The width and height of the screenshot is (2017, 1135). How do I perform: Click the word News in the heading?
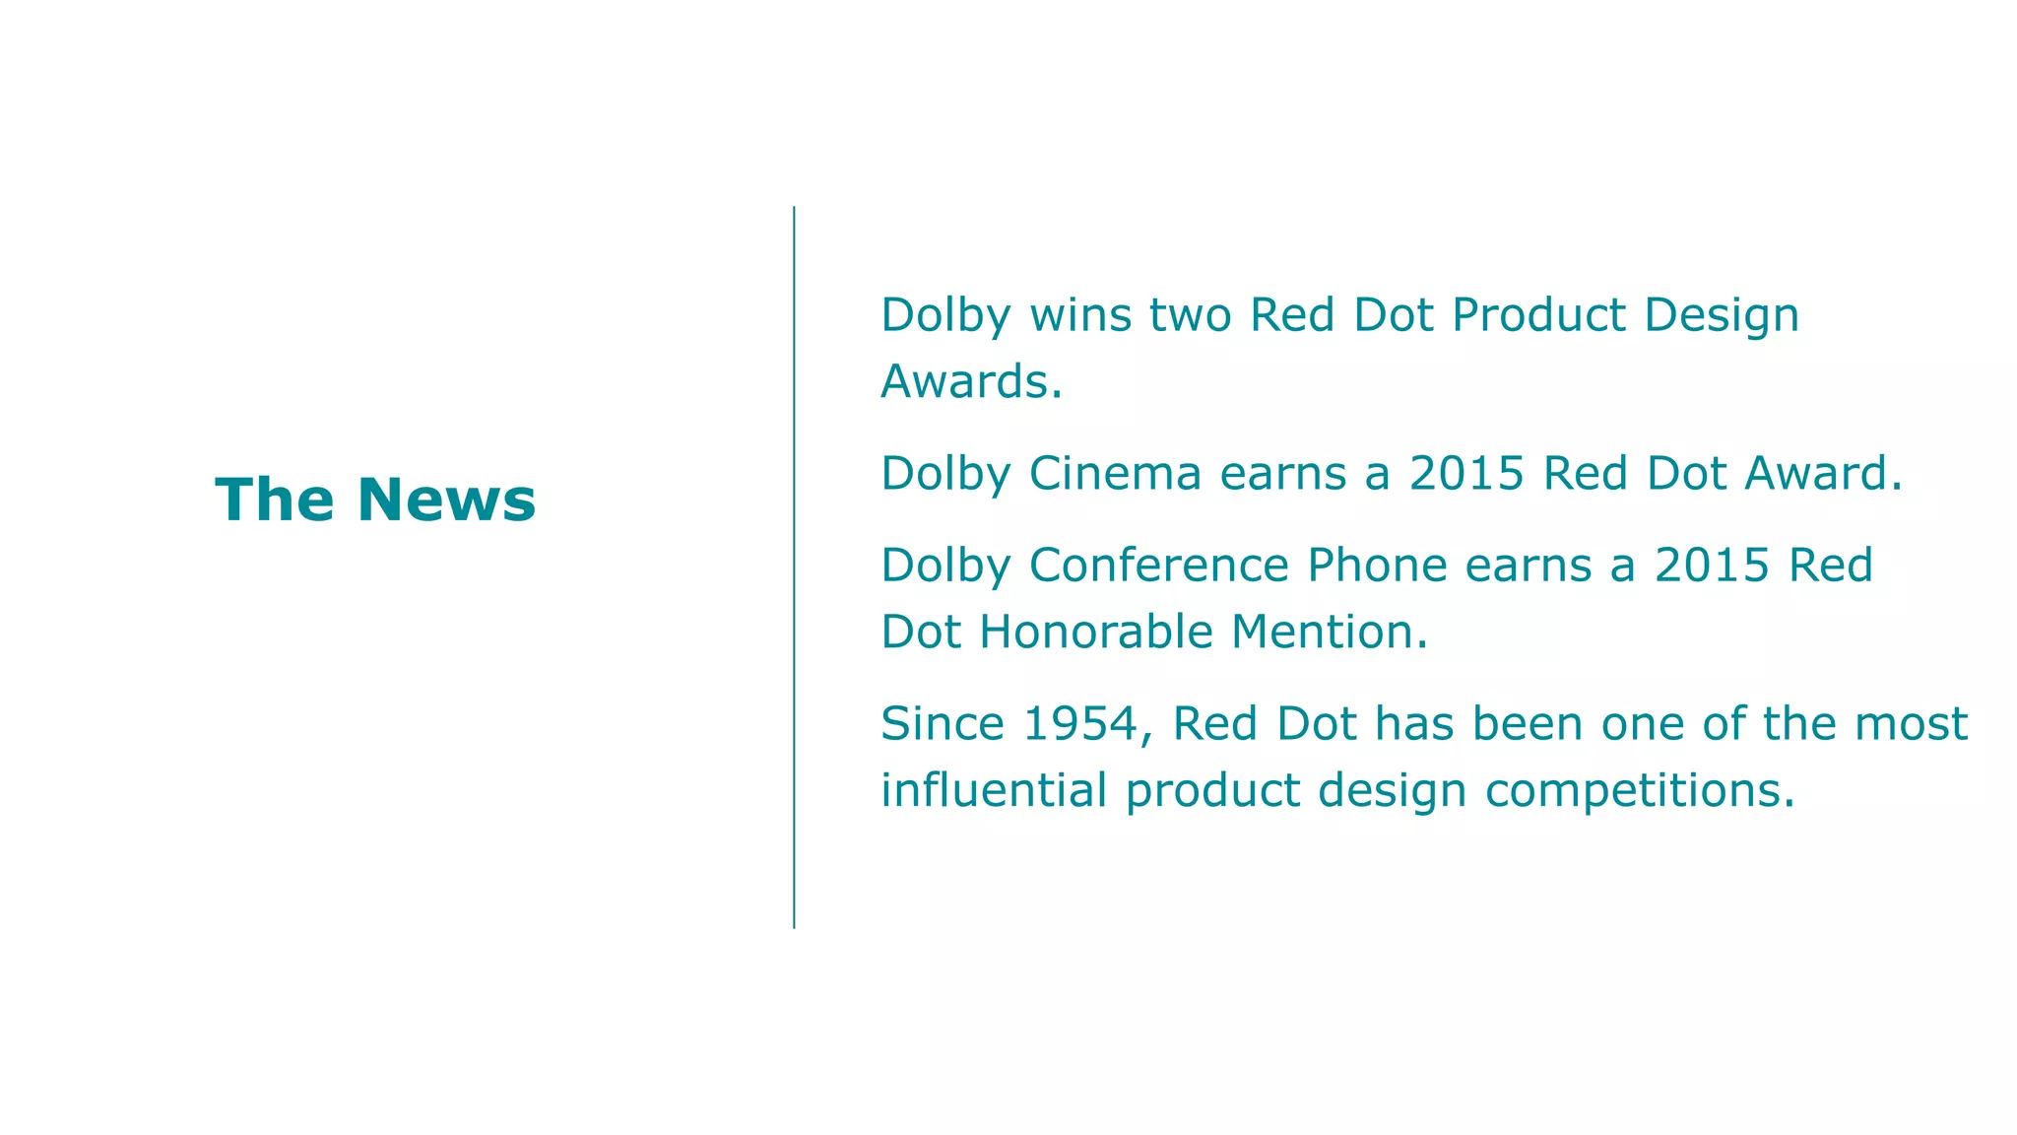(446, 500)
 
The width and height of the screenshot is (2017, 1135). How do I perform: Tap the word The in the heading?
(274, 500)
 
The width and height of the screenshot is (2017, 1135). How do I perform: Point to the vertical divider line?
(794, 567)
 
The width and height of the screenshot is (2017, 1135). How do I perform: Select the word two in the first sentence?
(1191, 316)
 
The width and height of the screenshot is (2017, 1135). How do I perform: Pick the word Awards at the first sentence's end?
(965, 382)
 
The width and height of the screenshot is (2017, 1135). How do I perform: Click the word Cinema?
(1115, 474)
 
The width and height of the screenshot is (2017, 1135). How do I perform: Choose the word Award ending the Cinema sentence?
(1817, 474)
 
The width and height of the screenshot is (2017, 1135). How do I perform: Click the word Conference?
(1158, 567)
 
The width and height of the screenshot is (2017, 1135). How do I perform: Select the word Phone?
(1376, 567)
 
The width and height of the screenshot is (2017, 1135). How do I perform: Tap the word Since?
(942, 724)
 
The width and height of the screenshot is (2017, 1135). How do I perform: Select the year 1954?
(1080, 724)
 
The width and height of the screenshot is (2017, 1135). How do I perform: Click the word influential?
(994, 790)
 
